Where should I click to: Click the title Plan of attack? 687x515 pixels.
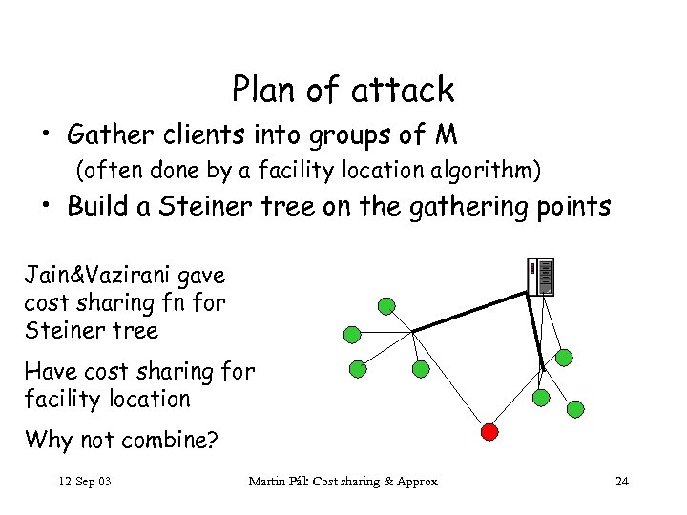point(343,90)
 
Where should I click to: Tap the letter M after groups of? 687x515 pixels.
point(446,137)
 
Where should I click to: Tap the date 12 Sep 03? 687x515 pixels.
point(85,481)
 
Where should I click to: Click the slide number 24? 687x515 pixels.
point(622,481)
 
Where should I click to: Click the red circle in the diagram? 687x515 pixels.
point(489,431)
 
